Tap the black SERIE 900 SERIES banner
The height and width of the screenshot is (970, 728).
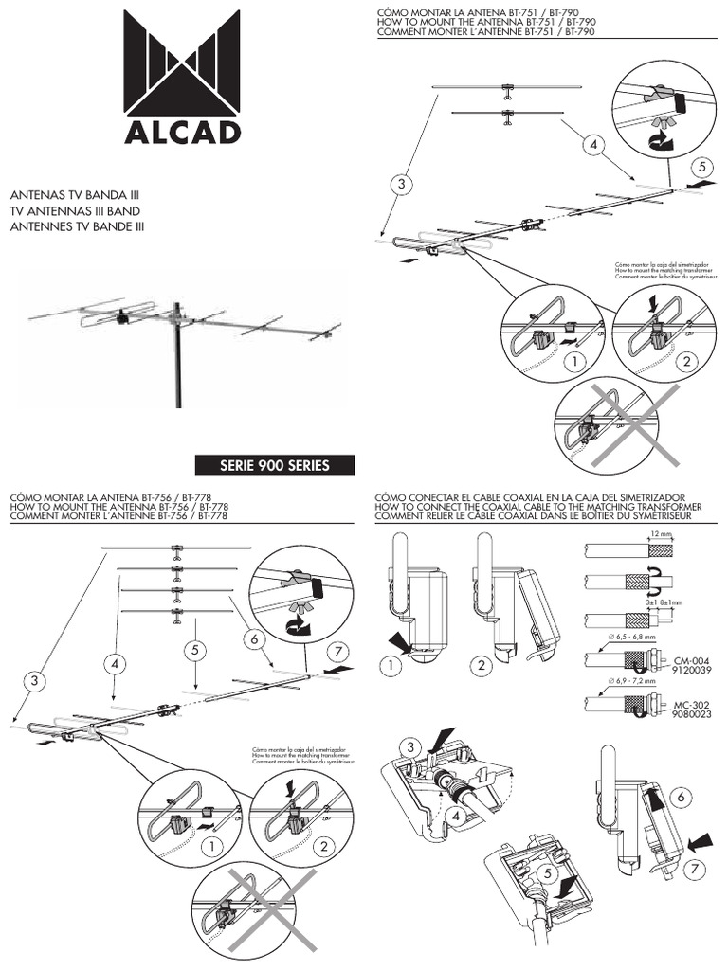(x=274, y=465)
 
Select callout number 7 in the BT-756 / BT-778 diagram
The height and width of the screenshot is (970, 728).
(x=337, y=651)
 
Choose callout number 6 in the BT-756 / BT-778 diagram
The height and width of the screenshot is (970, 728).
(x=255, y=639)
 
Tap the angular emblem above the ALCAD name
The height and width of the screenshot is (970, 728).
(x=183, y=66)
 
